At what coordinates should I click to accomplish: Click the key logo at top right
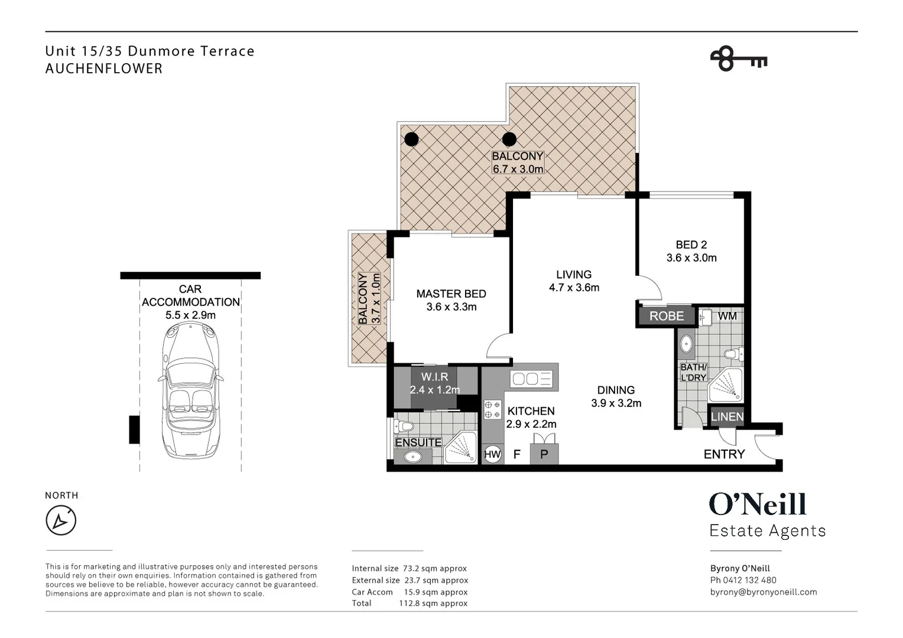739,59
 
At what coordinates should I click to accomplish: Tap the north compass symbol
61,520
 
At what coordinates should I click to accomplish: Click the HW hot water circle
492,454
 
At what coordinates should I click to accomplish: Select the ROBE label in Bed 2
667,316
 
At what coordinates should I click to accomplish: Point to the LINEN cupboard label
727,416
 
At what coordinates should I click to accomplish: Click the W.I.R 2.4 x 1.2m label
434,383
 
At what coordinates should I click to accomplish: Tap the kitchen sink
531,379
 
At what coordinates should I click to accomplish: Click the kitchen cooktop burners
492,409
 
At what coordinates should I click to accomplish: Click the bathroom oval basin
686,344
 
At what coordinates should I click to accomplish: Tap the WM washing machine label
727,316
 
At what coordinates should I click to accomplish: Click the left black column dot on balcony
411,139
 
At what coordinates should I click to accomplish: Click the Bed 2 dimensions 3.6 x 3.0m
691,258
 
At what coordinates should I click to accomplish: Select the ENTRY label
724,454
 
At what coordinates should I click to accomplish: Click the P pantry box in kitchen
544,454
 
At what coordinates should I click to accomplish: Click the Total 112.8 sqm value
433,603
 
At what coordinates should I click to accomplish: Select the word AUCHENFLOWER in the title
103,69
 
